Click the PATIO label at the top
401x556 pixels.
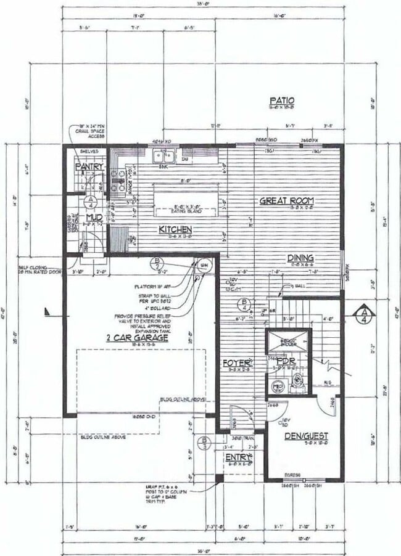pos(282,100)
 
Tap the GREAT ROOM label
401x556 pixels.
pos(286,200)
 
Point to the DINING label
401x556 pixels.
pos(300,258)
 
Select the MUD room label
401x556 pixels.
pos(94,218)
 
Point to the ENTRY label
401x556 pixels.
pos(238,457)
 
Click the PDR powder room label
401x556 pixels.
pos(284,361)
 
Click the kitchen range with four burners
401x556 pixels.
pos(117,179)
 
